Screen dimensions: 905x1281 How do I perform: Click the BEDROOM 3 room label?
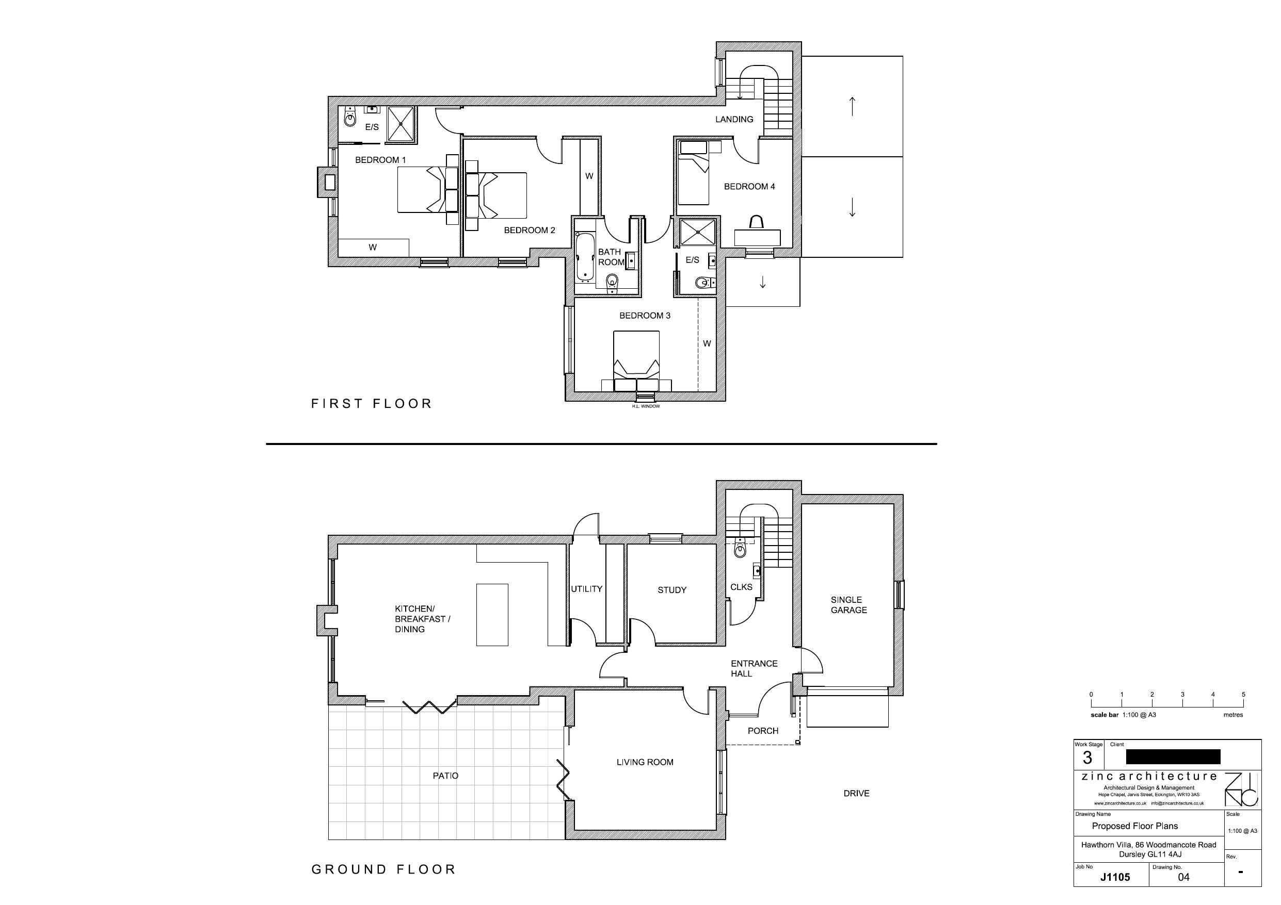click(x=645, y=316)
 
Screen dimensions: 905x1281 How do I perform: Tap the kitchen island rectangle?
click(x=491, y=615)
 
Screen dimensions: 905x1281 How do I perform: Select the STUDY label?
click(x=672, y=590)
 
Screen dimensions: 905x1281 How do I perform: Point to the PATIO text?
click(x=445, y=776)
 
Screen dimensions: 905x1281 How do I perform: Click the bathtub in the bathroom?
click(x=585, y=256)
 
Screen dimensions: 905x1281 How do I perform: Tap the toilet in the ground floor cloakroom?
click(x=740, y=550)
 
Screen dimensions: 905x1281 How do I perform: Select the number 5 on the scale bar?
click(x=1243, y=695)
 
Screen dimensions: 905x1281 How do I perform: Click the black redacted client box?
click(x=1173, y=756)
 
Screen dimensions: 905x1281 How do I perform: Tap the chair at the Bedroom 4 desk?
click(x=757, y=222)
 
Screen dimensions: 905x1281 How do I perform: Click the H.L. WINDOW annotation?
click(x=646, y=406)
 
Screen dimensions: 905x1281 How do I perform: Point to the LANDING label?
click(x=734, y=119)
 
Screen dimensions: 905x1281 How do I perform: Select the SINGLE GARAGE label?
click(x=848, y=605)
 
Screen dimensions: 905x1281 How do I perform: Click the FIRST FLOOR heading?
click(x=372, y=404)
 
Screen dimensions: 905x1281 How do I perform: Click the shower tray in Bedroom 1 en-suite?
click(x=401, y=124)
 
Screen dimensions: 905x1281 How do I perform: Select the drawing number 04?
click(x=1183, y=877)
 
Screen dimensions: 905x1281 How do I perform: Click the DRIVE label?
click(x=856, y=794)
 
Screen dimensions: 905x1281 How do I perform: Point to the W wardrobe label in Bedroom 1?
click(x=373, y=248)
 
